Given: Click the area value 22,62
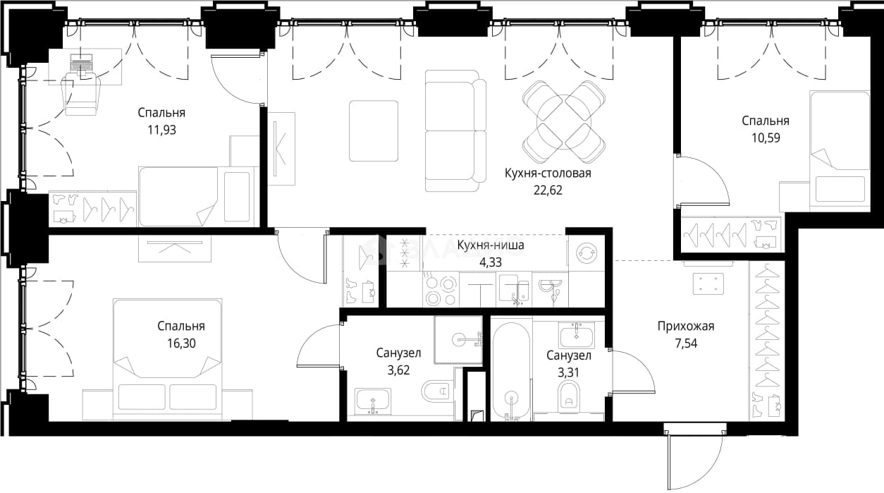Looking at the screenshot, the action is (548, 190).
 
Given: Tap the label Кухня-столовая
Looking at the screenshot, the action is (548, 173).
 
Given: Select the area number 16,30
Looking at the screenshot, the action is (181, 343).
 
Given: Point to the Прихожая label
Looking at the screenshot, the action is (686, 327).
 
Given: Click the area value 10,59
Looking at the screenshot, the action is (766, 138).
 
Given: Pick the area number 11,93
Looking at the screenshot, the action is (162, 130).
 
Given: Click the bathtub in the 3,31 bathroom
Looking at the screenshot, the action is (512, 372).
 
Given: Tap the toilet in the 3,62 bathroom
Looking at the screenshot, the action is (437, 391).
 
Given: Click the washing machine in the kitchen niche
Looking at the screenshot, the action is (587, 253).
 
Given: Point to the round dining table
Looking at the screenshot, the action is (563, 121).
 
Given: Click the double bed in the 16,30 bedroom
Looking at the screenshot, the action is (167, 358).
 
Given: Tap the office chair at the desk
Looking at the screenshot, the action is (82, 94).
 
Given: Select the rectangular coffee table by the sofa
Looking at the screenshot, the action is (374, 130).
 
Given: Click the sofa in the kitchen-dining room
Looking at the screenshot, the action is (455, 130).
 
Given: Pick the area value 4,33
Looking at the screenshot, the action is (490, 262).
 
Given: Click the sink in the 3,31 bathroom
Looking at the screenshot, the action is (576, 335).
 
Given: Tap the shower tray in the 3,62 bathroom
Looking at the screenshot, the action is (458, 339).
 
